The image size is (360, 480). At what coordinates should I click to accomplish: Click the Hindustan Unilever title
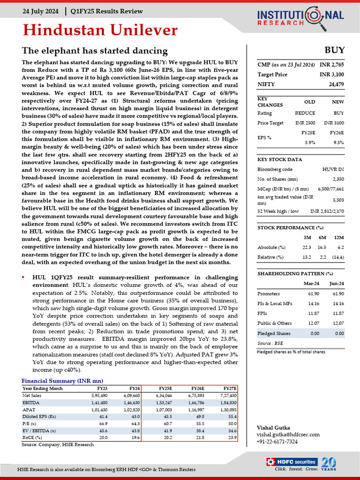100,31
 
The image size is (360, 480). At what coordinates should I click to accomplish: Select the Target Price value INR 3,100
332,75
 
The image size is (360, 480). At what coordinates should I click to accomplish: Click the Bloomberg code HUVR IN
334,169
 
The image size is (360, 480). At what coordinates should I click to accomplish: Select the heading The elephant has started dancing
95,51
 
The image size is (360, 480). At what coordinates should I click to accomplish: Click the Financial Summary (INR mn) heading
62,381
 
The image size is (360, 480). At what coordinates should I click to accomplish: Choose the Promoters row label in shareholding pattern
269,293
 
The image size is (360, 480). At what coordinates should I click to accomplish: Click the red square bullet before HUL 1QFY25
23,277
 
